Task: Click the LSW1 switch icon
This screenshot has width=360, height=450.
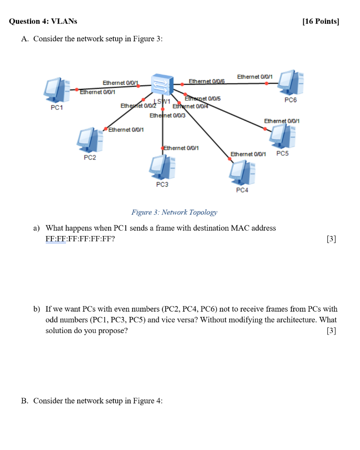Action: coord(162,83)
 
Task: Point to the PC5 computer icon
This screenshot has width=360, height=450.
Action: coord(282,136)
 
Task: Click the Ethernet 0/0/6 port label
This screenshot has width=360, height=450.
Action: coord(206,81)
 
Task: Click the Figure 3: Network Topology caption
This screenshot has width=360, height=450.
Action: coord(174,212)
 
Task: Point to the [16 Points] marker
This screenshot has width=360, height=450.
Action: coord(321,22)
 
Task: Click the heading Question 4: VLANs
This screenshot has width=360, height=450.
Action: coord(43,22)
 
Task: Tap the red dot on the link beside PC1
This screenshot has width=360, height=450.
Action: coord(76,89)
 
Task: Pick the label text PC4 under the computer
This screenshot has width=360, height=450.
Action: coord(242,190)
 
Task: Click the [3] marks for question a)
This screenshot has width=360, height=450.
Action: coord(331,239)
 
